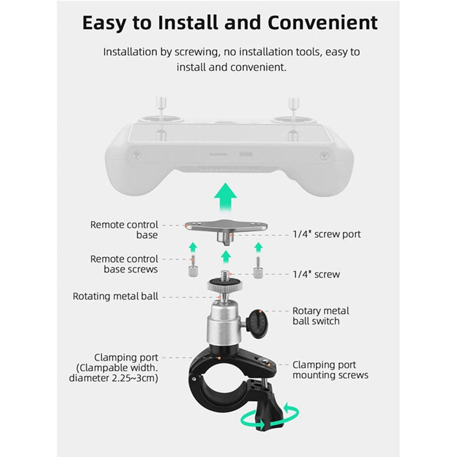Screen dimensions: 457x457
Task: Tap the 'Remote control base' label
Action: click(x=124, y=230)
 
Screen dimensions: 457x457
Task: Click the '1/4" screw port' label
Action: click(x=326, y=234)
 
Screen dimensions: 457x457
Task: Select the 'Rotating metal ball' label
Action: click(x=116, y=296)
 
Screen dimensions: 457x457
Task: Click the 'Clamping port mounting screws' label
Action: click(x=330, y=370)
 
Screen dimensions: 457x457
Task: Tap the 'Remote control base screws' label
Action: click(x=124, y=264)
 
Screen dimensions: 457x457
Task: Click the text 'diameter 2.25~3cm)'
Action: click(x=114, y=378)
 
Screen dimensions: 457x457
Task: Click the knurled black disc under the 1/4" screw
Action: click(x=225, y=287)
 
